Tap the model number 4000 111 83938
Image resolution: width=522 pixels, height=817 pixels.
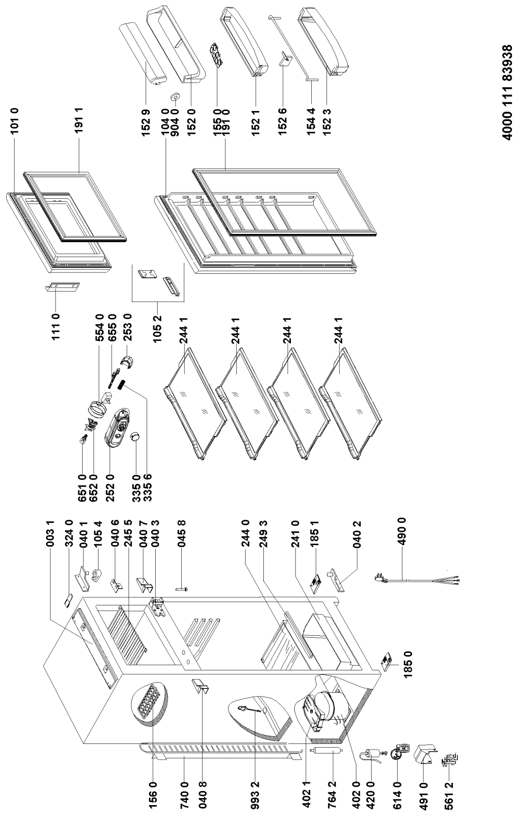point(507,93)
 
